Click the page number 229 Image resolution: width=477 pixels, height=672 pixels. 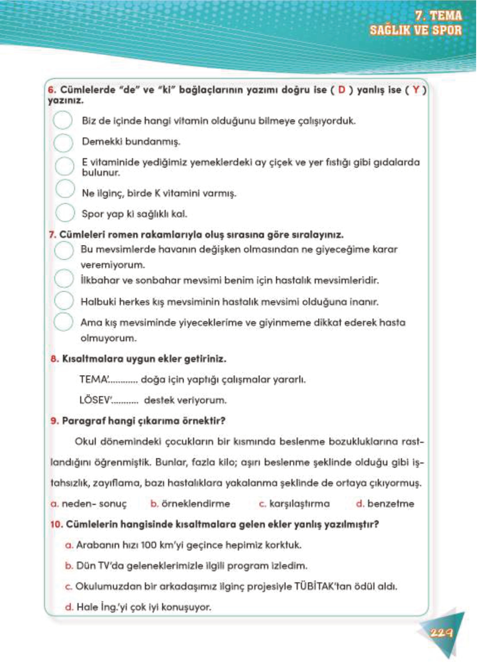[x=441, y=633]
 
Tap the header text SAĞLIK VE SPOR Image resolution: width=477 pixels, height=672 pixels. [x=415, y=30]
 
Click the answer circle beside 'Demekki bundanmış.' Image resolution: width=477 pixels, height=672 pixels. [x=63, y=143]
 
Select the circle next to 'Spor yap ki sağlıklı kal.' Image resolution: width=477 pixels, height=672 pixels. [x=65, y=213]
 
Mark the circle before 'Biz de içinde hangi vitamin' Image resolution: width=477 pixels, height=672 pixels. [x=63, y=121]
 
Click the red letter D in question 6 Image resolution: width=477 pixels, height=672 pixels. [x=342, y=90]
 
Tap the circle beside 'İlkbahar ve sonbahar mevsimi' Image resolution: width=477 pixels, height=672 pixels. [x=64, y=279]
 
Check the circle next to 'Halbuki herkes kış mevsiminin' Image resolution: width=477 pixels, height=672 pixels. [x=64, y=300]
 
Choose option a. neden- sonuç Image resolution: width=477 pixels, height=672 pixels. [x=89, y=504]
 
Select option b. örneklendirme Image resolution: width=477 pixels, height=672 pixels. [x=190, y=504]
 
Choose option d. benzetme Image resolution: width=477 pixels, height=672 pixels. [x=385, y=504]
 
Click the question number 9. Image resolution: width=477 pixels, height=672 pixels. [x=54, y=421]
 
